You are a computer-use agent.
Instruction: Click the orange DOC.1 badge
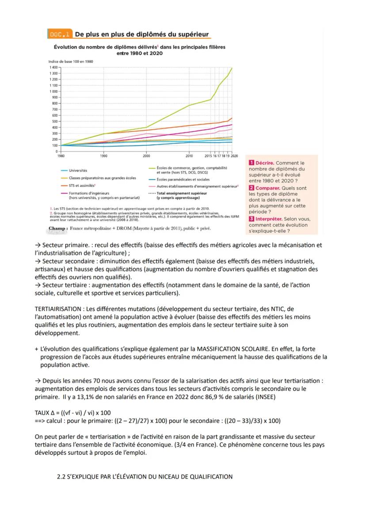point(60,35)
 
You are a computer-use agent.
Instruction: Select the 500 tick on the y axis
point(54,121)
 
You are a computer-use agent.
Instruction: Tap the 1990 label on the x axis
point(103,156)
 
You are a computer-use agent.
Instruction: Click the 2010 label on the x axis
point(189,156)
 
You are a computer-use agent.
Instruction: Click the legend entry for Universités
point(78,170)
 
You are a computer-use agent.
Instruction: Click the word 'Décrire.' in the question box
point(264,163)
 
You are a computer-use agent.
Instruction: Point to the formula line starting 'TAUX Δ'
point(72,412)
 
